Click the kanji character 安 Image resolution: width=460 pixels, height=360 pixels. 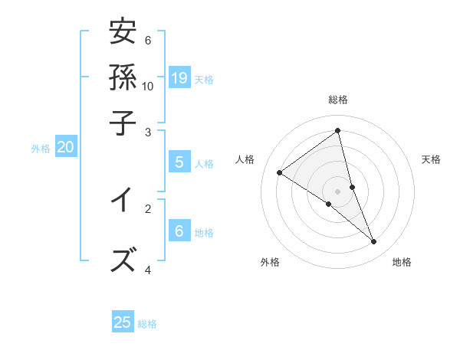(123, 32)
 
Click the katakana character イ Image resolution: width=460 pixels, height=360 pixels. (123, 201)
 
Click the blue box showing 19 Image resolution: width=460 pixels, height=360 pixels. (179, 77)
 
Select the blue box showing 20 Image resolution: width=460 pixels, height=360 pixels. (65, 147)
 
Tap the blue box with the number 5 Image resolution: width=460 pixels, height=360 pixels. (179, 162)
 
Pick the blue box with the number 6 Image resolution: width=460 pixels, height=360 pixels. (179, 231)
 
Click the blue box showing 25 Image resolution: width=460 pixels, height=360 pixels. (123, 322)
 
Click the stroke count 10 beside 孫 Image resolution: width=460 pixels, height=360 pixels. (147, 86)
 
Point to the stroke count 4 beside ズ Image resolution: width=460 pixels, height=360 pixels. (148, 270)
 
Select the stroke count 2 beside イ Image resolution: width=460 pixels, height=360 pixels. (148, 208)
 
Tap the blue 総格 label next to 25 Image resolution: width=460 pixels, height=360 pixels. (147, 324)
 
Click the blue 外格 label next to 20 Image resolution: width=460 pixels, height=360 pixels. (40, 149)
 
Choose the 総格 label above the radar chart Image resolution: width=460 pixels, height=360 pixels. (338, 100)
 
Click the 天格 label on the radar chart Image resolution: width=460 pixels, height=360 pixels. (431, 159)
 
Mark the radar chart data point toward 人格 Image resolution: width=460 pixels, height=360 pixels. (280, 172)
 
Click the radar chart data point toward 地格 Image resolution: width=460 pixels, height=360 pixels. (374, 241)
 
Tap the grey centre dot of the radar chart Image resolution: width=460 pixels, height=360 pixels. (338, 191)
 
